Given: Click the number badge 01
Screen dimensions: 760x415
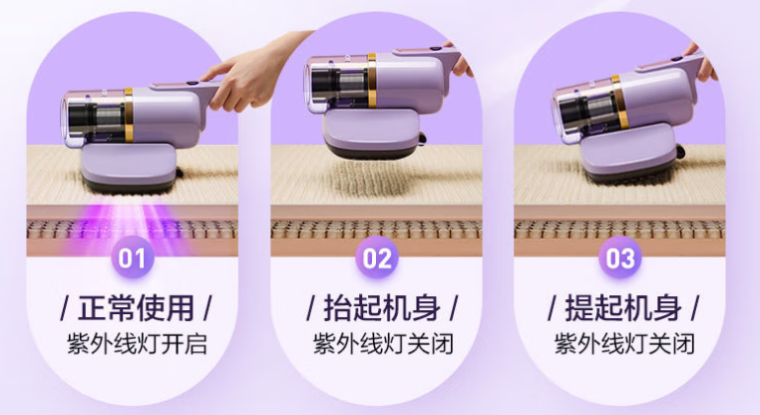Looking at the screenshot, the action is (x=133, y=257).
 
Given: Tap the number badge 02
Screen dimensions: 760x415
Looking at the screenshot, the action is (x=377, y=257).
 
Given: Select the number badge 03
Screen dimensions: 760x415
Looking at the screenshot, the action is (x=620, y=257).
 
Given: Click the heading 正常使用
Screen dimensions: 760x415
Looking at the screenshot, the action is (x=137, y=308).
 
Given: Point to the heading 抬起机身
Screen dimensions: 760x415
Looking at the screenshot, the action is (x=382, y=308).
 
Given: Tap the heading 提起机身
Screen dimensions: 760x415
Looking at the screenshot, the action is (x=623, y=308).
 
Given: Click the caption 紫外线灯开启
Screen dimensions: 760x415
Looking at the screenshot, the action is (x=138, y=344).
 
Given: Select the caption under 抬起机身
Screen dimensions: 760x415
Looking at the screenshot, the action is (x=383, y=344).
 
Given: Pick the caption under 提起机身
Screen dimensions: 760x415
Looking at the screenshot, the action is (x=624, y=344).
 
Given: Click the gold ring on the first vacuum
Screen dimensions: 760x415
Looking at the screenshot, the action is (x=129, y=115).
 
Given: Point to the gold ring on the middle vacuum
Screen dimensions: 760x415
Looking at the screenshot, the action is (x=372, y=81).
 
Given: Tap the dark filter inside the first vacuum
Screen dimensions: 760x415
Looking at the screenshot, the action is (x=97, y=117).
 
